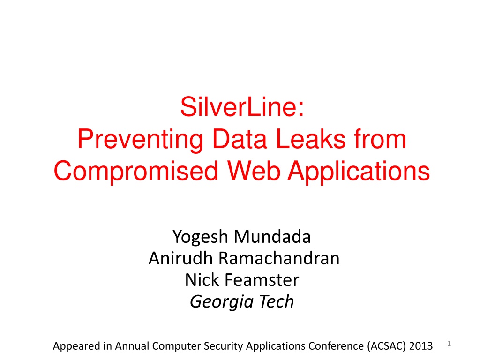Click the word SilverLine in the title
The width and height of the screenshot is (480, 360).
coord(239,107)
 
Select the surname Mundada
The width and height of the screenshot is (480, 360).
coord(272,237)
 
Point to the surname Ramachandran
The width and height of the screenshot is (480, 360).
coord(279,258)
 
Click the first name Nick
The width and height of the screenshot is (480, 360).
coord(202,280)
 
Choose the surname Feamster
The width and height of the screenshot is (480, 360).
coord(262,280)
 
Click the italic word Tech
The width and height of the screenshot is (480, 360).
coord(277,301)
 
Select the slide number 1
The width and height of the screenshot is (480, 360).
coord(449,344)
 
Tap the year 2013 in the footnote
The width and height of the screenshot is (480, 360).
coord(421,346)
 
